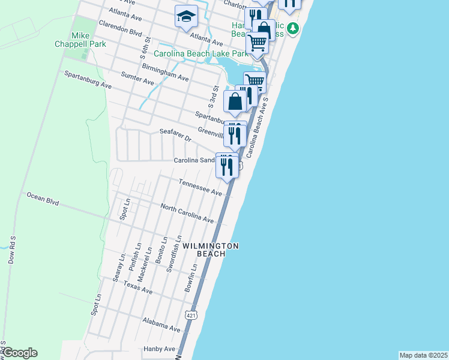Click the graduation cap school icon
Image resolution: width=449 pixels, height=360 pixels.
click(186, 16)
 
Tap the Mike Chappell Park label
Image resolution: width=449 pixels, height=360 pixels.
click(88, 40)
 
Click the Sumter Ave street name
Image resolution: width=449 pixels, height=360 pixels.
click(137, 79)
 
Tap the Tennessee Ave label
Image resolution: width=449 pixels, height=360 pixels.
click(200, 186)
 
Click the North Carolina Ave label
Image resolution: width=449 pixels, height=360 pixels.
click(187, 213)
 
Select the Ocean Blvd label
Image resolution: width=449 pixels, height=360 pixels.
click(43, 199)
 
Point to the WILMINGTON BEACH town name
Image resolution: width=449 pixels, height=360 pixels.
click(211, 250)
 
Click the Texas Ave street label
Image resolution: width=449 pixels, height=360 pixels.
click(138, 287)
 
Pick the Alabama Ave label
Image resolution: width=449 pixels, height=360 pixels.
click(161, 325)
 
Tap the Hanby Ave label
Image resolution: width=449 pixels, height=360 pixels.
click(158, 349)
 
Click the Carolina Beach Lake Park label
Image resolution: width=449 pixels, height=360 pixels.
click(200, 53)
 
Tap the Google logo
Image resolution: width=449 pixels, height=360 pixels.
click(19, 353)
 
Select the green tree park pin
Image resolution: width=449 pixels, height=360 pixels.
click(292, 28)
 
